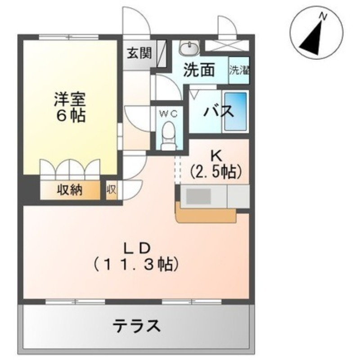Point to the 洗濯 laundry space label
[239, 70]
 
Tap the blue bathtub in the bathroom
[235, 111]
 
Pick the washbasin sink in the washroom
[189, 47]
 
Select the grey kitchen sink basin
[198, 196]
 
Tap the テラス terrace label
[136, 325]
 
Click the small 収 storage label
[111, 190]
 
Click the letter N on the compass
[323, 16]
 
